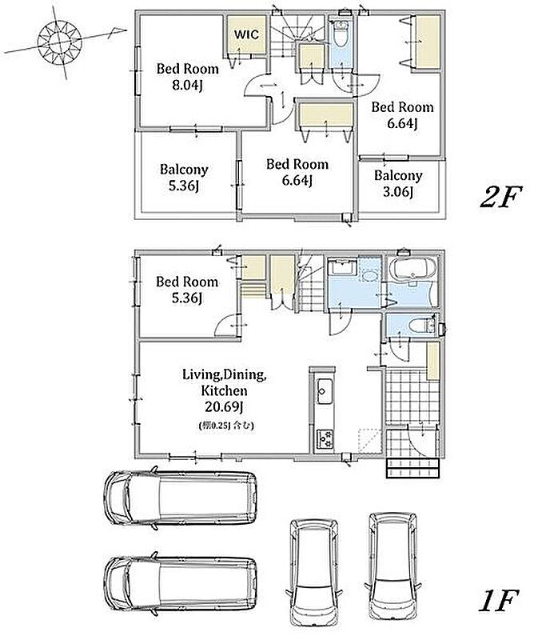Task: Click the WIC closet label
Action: pyautogui.click(x=246, y=34)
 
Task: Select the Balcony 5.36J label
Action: pyautogui.click(x=184, y=178)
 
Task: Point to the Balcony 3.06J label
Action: pyautogui.click(x=398, y=183)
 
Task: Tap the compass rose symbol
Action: pyautogui.click(x=60, y=42)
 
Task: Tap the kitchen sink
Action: pyautogui.click(x=325, y=392)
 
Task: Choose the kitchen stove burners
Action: pyautogui.click(x=325, y=440)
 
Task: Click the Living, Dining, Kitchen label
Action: pyautogui.click(x=225, y=382)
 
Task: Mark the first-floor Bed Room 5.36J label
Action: pyautogui.click(x=187, y=290)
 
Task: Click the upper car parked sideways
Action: pyautogui.click(x=181, y=498)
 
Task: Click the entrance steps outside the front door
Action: pyautogui.click(x=412, y=468)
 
